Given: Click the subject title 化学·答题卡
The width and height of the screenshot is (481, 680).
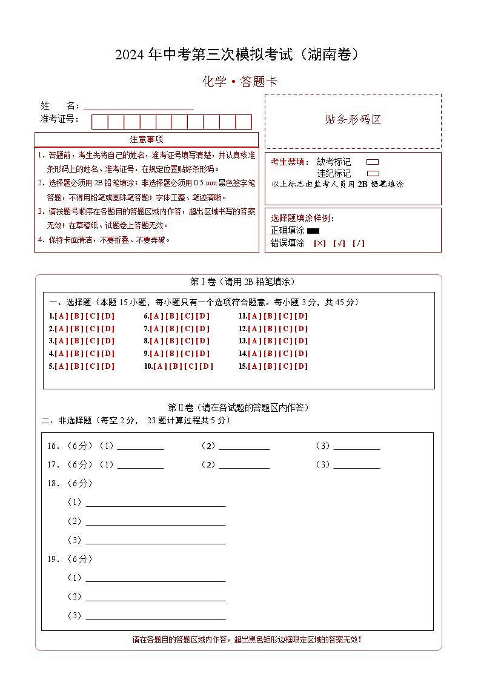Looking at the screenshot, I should point(239,82).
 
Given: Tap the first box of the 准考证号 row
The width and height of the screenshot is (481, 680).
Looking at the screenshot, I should point(99,122).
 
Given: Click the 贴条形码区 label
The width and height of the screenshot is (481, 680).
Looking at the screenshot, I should point(353,120).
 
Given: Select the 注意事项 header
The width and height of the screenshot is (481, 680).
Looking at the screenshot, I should point(146,140).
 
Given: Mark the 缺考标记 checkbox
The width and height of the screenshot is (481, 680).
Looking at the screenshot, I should point(373,162).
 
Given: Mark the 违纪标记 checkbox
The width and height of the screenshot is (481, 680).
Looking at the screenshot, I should point(373,173).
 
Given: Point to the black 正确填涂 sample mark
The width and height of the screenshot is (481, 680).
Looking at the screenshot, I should point(313,231).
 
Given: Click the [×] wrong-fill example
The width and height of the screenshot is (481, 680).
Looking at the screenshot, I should point(319,243).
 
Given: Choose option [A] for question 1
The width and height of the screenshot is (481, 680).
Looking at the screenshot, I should point(61,316).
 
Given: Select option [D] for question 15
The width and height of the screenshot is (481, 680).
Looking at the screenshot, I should point(301,366).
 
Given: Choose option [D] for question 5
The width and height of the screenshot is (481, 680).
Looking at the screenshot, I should point(108,366).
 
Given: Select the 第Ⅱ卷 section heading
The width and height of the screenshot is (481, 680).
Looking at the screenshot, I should point(238,408).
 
